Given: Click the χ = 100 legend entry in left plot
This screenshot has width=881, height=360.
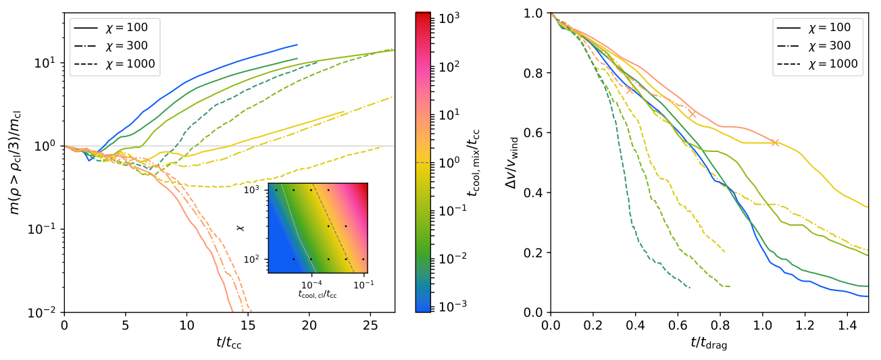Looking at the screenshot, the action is [x=111, y=28].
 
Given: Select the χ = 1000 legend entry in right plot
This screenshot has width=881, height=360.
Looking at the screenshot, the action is [x=817, y=63].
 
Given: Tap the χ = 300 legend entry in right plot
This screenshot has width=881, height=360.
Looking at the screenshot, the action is [x=813, y=45].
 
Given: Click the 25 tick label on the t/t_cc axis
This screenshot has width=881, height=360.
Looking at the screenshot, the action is [x=370, y=326].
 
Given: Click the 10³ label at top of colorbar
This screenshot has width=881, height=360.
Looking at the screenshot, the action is [x=449, y=18].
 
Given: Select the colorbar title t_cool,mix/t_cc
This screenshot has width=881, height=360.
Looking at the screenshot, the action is [x=474, y=163].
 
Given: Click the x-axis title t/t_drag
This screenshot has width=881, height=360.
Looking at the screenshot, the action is [x=709, y=343].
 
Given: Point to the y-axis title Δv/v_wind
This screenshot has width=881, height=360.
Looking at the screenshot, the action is [x=513, y=163].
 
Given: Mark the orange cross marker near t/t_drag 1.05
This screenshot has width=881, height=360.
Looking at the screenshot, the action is [x=775, y=143].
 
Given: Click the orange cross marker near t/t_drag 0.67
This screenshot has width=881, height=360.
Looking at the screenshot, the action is [x=693, y=114].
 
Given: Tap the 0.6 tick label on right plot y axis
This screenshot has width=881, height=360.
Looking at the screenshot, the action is [x=533, y=133].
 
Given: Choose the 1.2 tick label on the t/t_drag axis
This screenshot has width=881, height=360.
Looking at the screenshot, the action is [x=805, y=326].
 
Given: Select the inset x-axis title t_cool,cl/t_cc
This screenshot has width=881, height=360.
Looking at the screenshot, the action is [x=318, y=294].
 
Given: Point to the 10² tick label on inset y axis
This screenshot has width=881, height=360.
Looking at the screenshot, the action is [x=252, y=259].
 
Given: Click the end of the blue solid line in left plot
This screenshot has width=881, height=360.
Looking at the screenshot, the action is [x=297, y=45].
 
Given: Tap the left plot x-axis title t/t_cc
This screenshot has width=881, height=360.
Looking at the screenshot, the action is [x=229, y=343].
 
